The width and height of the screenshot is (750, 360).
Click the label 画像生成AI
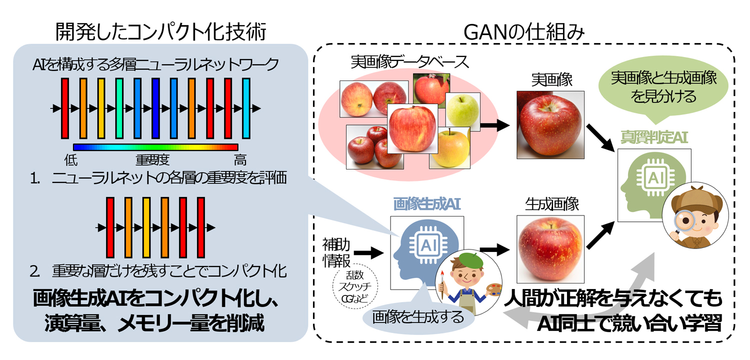pyautogui.click(x=426, y=204)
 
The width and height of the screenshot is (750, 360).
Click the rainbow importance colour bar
pyautogui.click(x=155, y=147)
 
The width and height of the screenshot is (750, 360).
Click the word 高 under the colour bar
pyautogui.click(x=240, y=160)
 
